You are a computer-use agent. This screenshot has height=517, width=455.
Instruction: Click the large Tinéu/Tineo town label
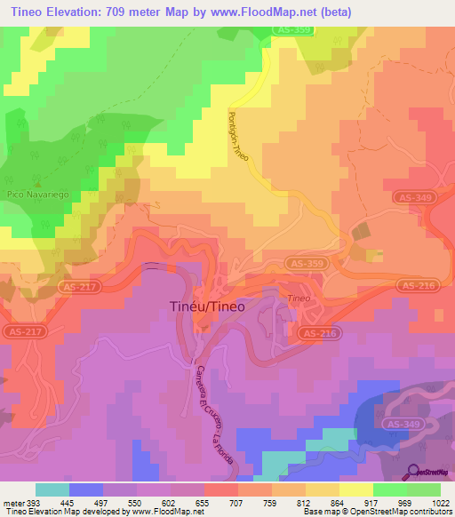pos(206,306)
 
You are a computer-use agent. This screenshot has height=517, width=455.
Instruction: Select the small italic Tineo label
pos(296,299)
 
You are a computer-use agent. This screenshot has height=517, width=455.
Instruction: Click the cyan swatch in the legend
pos(52,489)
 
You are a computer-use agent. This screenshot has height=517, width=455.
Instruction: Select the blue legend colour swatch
pos(86,489)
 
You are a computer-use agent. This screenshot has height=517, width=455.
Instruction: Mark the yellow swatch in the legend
pos(355,489)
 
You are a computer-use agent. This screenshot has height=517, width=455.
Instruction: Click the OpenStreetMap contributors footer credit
pos(403,513)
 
